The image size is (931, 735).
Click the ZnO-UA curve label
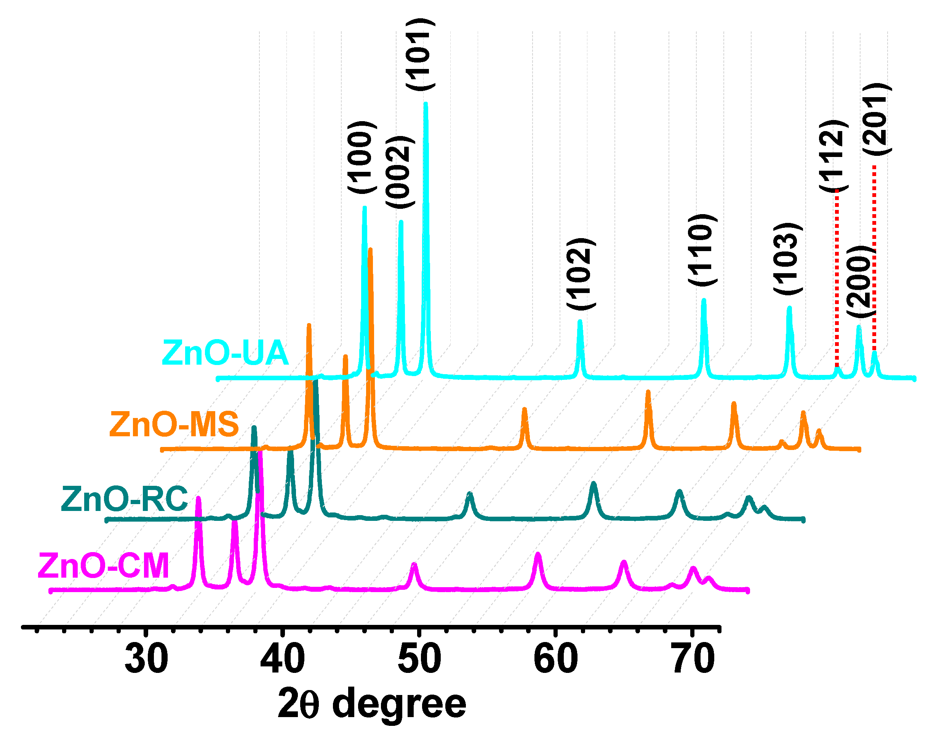pos(225,353)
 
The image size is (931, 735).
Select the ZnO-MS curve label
pos(174,425)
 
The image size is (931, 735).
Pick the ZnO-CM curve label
pos(103,566)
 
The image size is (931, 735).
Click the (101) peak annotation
pos(420,54)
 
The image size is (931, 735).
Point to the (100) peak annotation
pos(362,157)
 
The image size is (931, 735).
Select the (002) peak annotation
pos(400,172)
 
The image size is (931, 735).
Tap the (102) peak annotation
pos(581,274)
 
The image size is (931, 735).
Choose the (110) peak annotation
pos(702,250)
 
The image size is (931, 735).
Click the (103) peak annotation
pos(788,259)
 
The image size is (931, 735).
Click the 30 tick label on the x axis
pos(146,659)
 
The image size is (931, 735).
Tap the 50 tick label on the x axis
pos(419,659)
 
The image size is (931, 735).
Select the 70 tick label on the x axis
pos(693,659)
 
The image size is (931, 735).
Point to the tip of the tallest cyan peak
pos(426,104)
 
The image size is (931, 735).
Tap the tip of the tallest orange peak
pos(370,249)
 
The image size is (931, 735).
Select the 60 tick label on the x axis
pos(556,659)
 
